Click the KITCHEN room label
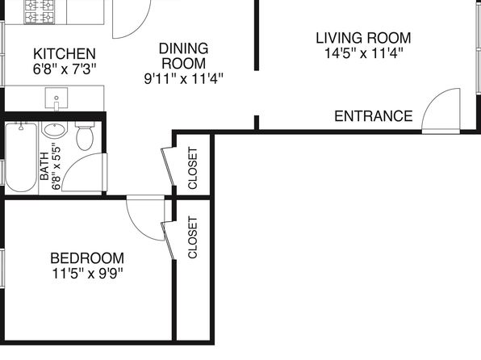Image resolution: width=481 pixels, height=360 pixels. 65,54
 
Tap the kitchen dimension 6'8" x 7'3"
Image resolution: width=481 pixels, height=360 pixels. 65,69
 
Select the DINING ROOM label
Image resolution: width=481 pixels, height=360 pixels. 183,56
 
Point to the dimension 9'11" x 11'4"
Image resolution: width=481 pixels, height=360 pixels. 183,79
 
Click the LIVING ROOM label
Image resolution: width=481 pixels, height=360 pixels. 363,38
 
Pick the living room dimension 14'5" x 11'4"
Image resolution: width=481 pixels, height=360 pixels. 363,52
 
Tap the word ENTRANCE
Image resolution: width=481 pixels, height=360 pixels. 374,116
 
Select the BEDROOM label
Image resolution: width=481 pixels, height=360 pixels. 87,258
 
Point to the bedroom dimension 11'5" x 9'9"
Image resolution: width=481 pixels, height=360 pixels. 87,273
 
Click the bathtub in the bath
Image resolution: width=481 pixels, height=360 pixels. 21,157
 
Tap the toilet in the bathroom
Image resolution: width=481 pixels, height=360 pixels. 85,136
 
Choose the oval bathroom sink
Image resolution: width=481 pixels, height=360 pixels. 54,130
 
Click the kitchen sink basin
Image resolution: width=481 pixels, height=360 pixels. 56,98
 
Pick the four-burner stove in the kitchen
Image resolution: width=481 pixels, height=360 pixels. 40,12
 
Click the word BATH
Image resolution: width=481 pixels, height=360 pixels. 44,166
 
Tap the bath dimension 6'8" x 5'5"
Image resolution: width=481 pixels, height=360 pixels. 56,166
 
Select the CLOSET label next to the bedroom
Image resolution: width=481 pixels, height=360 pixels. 192,237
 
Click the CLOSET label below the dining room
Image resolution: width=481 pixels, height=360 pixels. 192,168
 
